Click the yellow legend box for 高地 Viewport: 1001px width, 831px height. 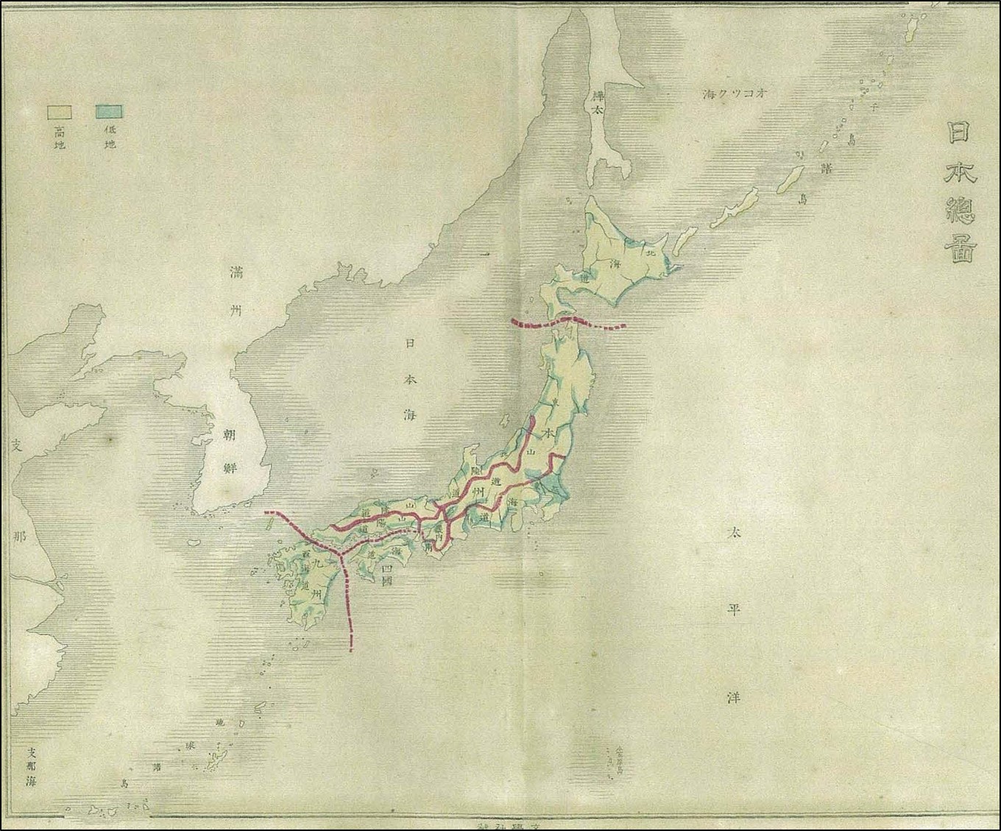[59, 112]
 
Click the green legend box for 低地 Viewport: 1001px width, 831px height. [108, 112]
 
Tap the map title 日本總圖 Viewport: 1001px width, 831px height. [961, 192]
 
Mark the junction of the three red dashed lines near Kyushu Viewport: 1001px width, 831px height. [340, 550]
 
